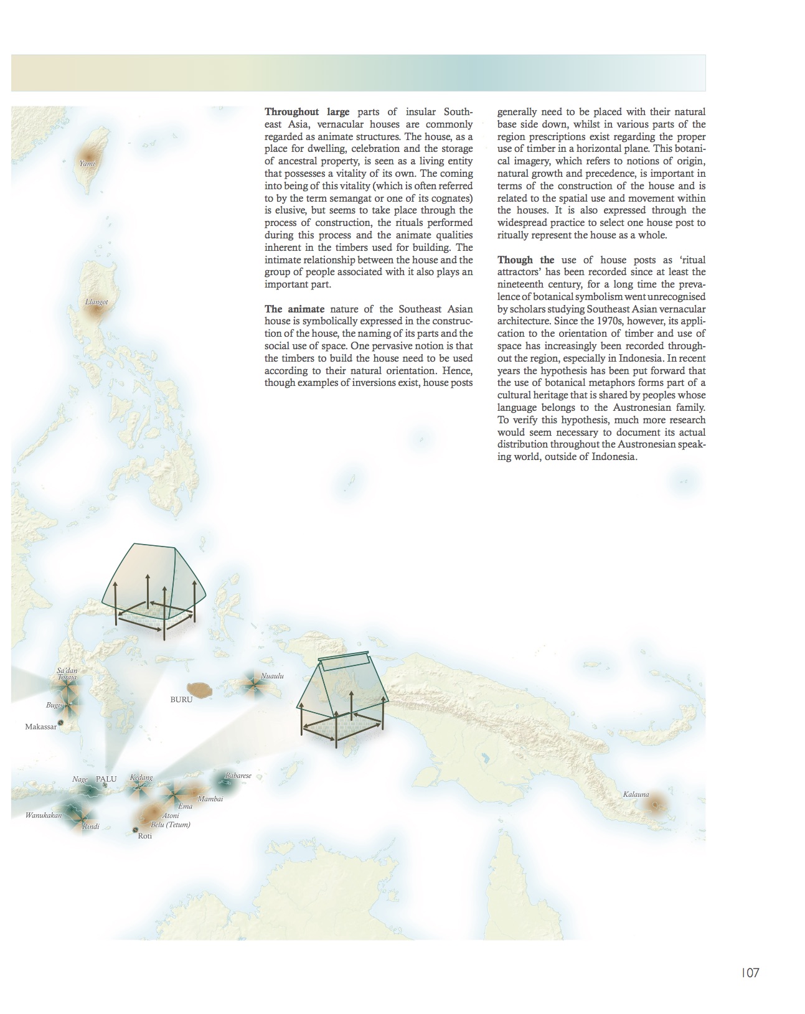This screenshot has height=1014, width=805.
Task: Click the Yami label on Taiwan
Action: tap(87, 163)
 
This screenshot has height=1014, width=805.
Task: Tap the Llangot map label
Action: tap(97, 302)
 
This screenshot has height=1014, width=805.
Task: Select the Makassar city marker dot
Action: tap(61, 723)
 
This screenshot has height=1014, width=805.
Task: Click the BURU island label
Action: tap(181, 700)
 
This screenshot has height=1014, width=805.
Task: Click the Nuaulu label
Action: tap(272, 675)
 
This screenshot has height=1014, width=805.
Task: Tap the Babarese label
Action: tap(238, 776)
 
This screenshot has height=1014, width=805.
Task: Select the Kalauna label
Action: tap(636, 794)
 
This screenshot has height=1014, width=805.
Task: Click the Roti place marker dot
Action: tap(136, 830)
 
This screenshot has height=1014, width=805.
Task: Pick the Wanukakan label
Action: tap(44, 815)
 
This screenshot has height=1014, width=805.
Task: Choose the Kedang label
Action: tap(141, 777)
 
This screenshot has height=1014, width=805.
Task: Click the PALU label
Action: tap(106, 779)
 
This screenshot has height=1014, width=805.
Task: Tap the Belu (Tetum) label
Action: tap(170, 824)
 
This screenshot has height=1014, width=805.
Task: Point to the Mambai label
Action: tap(210, 799)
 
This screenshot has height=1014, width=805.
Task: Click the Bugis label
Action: tap(54, 705)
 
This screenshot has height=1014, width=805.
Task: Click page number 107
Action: tap(750, 972)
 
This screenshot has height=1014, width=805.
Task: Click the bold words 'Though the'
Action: tap(525, 260)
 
